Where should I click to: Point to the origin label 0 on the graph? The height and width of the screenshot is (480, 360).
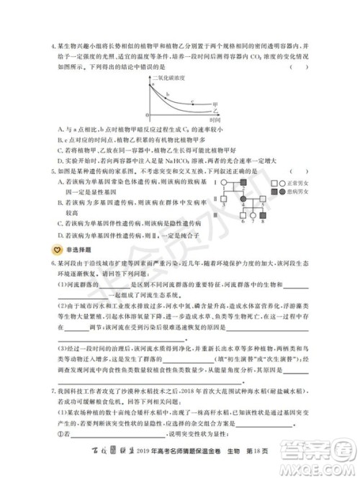click(x=147, y=115)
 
